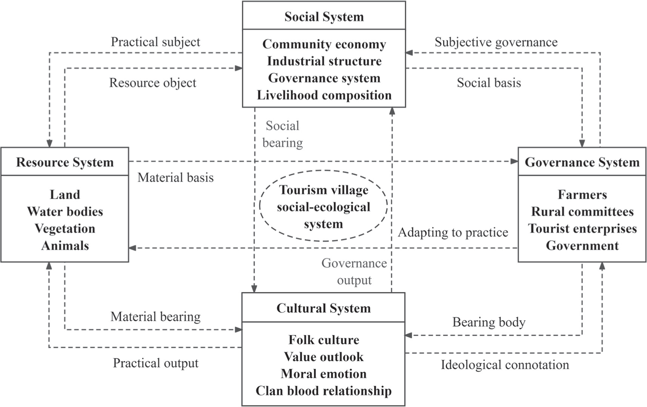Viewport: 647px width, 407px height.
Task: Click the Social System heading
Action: pyautogui.click(x=324, y=17)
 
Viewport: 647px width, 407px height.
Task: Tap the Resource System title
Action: pyautogui.click(x=65, y=162)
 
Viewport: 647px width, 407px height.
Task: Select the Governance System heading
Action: pyautogui.click(x=582, y=162)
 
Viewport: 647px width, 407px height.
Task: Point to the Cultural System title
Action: pyautogui.click(x=323, y=308)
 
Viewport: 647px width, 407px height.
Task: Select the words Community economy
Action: pyautogui.click(x=324, y=44)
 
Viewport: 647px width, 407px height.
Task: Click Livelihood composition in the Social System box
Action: pyautogui.click(x=324, y=95)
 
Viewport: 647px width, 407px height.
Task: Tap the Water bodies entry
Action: pyautogui.click(x=65, y=212)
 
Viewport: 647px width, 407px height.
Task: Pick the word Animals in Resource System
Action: pyautogui.click(x=65, y=246)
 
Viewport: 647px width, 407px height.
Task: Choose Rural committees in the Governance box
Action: pyautogui.click(x=582, y=212)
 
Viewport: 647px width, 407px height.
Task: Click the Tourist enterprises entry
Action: pyautogui.click(x=582, y=229)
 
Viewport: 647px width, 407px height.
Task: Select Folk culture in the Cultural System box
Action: pyautogui.click(x=324, y=340)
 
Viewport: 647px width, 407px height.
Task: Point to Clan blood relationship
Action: pyautogui.click(x=324, y=391)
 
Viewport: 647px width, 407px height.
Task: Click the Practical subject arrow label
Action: pyautogui.click(x=155, y=42)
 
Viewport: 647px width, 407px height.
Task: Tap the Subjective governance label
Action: pyautogui.click(x=496, y=42)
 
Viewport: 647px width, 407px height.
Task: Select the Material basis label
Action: pyautogui.click(x=175, y=177)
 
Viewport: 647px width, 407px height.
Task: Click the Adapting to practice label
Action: pyautogui.click(x=453, y=232)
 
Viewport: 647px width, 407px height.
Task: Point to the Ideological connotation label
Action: pyautogui.click(x=505, y=365)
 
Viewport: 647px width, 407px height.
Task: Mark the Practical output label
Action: pyautogui.click(x=155, y=363)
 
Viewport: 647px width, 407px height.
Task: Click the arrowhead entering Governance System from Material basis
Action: pyautogui.click(x=514, y=161)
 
